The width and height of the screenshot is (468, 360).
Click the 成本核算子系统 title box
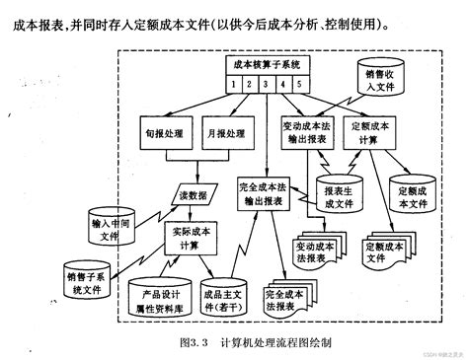(261, 63)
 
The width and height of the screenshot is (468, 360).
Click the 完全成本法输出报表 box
(267, 191)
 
